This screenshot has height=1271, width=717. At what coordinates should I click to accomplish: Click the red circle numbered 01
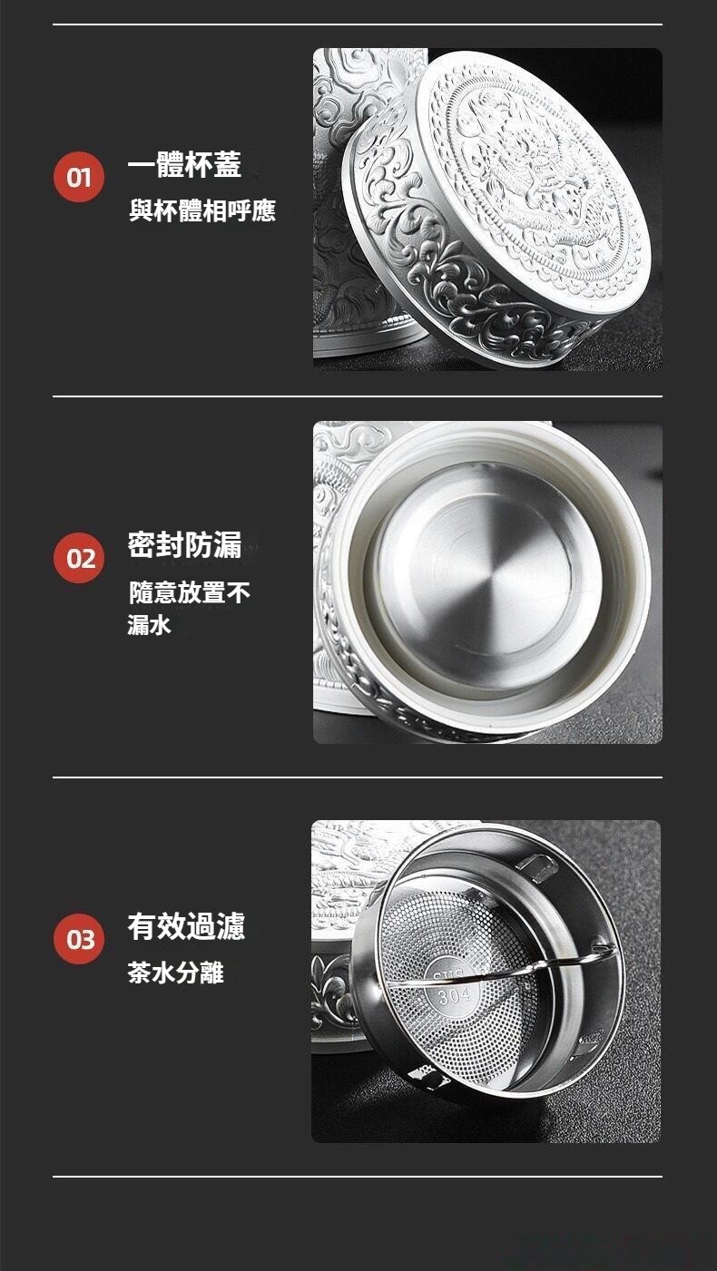click(x=79, y=177)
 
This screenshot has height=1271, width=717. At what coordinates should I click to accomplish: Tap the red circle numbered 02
click(x=79, y=558)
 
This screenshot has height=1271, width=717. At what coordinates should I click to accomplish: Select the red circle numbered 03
click(x=79, y=938)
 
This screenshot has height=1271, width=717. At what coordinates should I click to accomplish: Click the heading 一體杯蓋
click(x=184, y=164)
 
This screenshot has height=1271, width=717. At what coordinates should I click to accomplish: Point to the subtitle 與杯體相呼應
click(x=202, y=211)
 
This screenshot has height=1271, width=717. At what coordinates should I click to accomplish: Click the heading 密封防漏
click(x=184, y=544)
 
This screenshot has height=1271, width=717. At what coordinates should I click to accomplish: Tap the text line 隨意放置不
click(x=190, y=592)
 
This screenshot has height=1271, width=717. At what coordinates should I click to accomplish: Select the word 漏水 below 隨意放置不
click(x=150, y=625)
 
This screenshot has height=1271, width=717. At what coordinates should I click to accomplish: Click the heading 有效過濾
click(x=186, y=926)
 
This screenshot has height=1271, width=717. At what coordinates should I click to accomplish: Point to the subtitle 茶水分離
click(x=175, y=973)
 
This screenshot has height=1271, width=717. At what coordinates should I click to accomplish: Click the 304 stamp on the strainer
click(x=454, y=994)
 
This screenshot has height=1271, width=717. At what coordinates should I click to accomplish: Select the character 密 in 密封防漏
click(x=142, y=544)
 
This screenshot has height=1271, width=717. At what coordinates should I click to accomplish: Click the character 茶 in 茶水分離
click(x=140, y=973)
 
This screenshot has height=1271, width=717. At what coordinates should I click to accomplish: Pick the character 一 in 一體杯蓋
click(x=142, y=165)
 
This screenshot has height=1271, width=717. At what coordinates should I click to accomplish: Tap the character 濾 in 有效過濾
click(x=231, y=926)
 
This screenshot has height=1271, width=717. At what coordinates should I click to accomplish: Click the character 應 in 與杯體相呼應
click(x=264, y=211)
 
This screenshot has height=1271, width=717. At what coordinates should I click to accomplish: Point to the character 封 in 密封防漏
click(x=171, y=544)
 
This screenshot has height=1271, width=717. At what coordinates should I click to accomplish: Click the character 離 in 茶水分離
click(x=211, y=973)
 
